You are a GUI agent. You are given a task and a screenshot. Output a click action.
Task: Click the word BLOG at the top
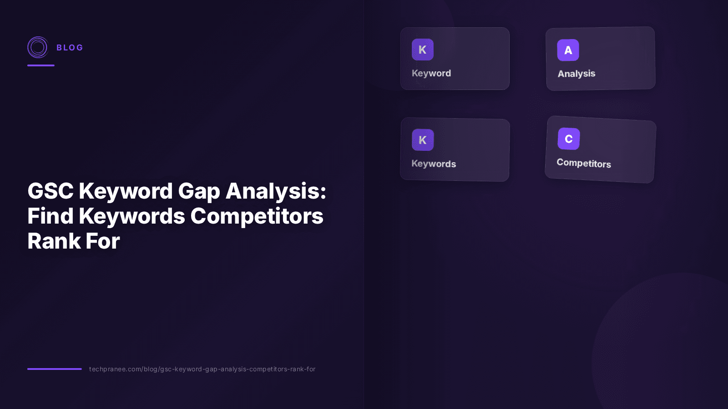[70, 48]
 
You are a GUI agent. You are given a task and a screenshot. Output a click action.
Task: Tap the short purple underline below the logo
[41, 65]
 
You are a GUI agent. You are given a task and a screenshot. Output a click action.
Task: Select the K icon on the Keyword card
[423, 50]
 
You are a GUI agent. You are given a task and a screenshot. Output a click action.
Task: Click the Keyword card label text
[431, 73]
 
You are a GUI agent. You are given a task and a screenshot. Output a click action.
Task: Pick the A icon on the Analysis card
[568, 50]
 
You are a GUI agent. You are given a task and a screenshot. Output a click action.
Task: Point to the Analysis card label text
[576, 74]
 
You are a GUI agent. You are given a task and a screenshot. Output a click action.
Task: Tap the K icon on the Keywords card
[423, 140]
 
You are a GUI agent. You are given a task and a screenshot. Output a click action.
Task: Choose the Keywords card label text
[434, 164]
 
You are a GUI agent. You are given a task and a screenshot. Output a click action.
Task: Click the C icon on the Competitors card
[569, 139]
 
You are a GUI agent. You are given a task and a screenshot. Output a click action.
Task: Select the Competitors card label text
[584, 163]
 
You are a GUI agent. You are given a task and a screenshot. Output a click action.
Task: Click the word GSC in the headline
[51, 191]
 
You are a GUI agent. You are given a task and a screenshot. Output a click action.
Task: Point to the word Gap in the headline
[199, 191]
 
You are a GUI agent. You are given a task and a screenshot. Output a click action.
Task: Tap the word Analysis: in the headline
[276, 191]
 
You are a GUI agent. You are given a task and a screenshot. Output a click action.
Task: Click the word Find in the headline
[51, 216]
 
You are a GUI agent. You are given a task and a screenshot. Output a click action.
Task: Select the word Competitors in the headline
[257, 216]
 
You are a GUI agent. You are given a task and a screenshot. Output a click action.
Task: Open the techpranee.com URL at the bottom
[202, 369]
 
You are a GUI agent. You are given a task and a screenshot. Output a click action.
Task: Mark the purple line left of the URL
[55, 369]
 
